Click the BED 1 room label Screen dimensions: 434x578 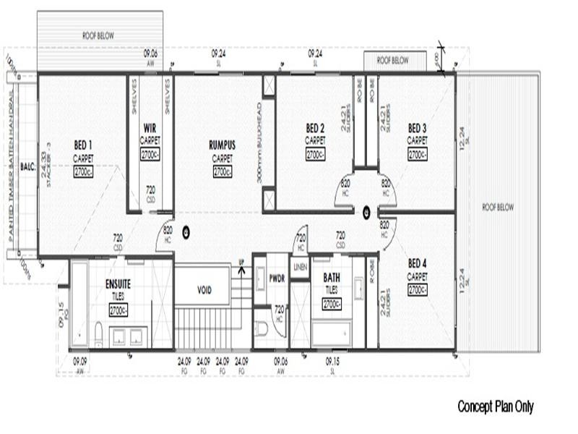point(82,145)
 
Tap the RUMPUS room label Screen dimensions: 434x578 point(222,145)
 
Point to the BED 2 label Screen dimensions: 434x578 point(315,128)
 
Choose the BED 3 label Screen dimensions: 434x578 point(418,128)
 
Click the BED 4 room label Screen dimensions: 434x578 point(418,263)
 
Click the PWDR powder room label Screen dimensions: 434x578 point(277,277)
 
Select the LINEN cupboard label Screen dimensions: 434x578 point(301,267)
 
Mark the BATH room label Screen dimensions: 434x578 point(332,277)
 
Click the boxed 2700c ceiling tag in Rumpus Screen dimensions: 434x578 point(222,171)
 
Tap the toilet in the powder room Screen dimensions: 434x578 point(262,329)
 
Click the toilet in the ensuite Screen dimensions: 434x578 point(98,334)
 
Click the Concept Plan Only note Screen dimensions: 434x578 point(495,407)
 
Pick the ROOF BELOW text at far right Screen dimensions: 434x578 point(498,207)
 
